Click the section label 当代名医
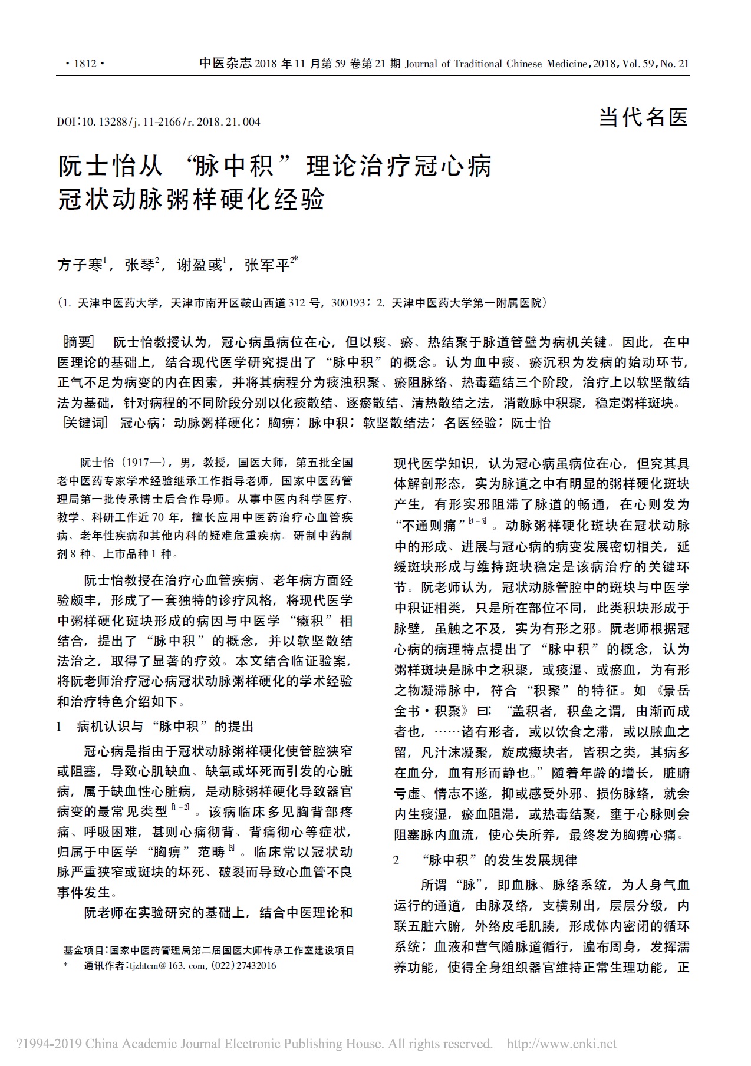[x=644, y=117]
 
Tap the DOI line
[x=159, y=122]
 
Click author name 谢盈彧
[x=199, y=266]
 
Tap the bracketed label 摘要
[x=78, y=343]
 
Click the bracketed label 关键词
[x=85, y=423]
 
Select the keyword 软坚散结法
[x=396, y=423]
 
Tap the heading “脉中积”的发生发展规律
[x=499, y=860]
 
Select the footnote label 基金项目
[x=83, y=951]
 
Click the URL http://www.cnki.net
[x=561, y=1044]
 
